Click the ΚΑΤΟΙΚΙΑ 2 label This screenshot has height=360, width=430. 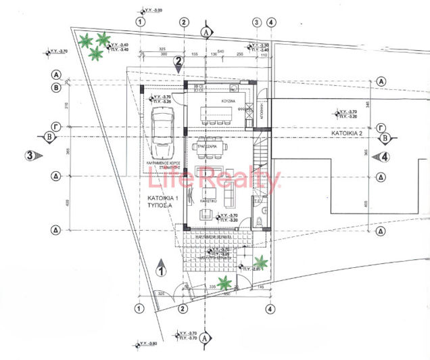[347, 134]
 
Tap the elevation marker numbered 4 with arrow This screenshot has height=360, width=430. [384, 157]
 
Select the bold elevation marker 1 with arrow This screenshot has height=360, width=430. [160, 270]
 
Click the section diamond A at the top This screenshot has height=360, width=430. [206, 31]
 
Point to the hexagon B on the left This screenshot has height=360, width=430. [50, 138]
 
